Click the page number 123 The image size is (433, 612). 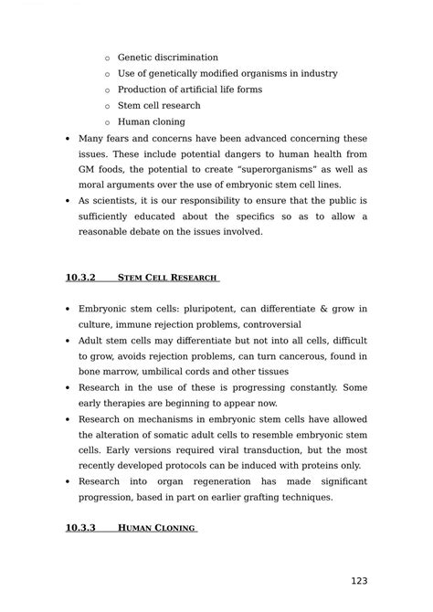[x=360, y=581]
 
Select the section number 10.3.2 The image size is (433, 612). [x=81, y=277]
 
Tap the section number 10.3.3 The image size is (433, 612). [x=81, y=528]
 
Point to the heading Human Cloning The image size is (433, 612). [x=157, y=528]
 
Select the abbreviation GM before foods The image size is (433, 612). [x=89, y=170]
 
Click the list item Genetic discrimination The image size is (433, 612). [x=167, y=58]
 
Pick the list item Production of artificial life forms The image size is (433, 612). [x=189, y=90]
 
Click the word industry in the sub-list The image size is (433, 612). [x=316, y=73]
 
